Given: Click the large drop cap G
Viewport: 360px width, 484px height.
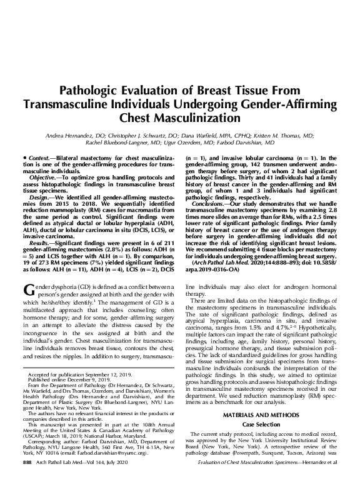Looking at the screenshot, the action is pos(27,288).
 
